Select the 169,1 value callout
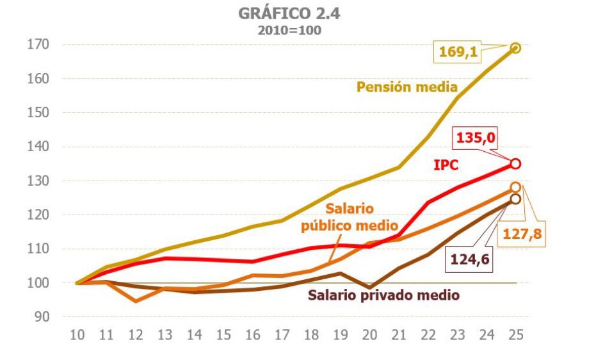click(458, 52)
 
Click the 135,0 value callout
click(476, 138)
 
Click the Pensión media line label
click(407, 86)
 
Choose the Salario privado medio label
click(383, 295)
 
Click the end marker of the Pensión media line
click(515, 47)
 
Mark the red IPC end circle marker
click(515, 164)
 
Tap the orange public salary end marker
click(515, 188)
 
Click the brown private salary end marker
click(515, 199)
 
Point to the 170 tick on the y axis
click(38, 45)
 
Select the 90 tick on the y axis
click(42, 317)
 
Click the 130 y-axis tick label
click(38, 181)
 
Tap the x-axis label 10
click(77, 335)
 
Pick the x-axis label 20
click(369, 335)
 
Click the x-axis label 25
click(515, 335)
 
